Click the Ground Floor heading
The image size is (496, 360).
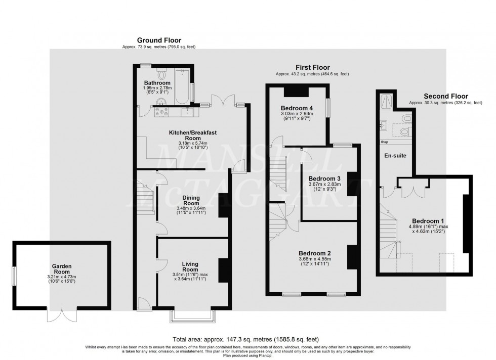tap(159, 40)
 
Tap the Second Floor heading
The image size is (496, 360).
tap(445, 96)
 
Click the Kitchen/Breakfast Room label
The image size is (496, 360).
tap(193, 135)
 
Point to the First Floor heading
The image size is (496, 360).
tap(312, 67)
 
